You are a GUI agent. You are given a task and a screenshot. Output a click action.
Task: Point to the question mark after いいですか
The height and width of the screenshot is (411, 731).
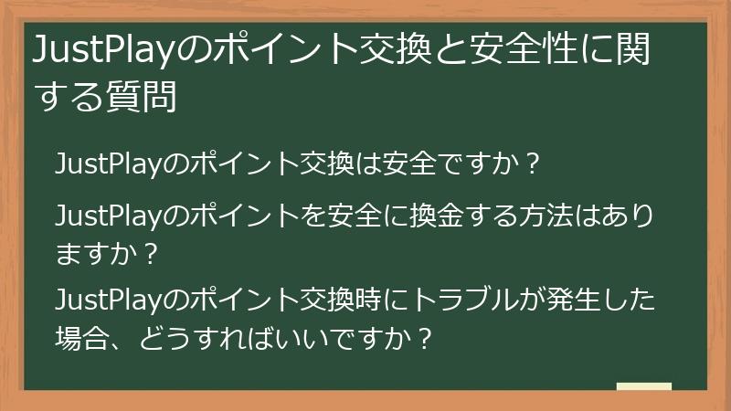(423, 335)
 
